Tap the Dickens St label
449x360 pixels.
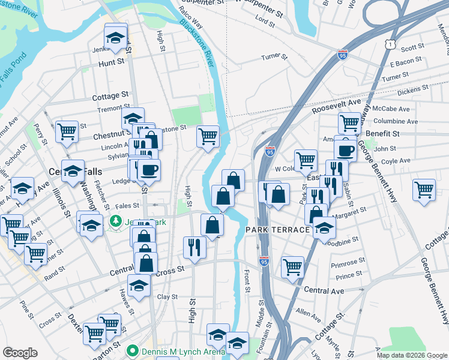click(412, 89)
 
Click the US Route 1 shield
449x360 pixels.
click(391, 44)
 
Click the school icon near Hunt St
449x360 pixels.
click(115, 37)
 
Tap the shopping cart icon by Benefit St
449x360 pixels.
click(349, 124)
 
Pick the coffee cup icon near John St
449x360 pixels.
click(345, 150)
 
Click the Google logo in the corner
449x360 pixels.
click(20, 353)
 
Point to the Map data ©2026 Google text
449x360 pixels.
click(412, 355)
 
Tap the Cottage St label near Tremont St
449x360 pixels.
click(110, 96)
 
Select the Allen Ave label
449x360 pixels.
click(309, 313)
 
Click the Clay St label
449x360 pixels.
click(167, 296)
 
